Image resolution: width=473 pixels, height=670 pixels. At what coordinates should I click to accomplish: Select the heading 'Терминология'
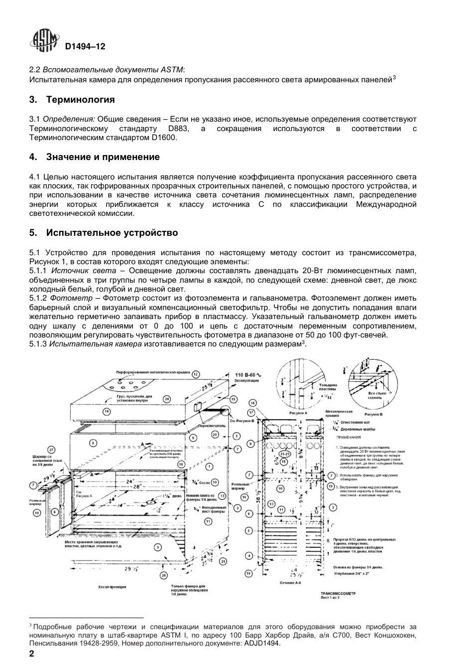coord(80,100)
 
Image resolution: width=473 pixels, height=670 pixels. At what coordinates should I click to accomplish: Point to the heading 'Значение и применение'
coord(103,157)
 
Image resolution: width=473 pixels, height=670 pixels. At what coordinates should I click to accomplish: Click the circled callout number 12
coord(196,373)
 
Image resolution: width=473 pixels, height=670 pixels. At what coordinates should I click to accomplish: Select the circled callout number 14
coord(106,411)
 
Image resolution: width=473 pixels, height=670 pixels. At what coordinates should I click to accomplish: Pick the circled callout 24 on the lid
coord(167,399)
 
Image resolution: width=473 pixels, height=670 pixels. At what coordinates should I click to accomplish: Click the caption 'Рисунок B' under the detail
coord(373,414)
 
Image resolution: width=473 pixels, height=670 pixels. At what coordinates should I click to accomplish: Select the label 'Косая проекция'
coord(112,587)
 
